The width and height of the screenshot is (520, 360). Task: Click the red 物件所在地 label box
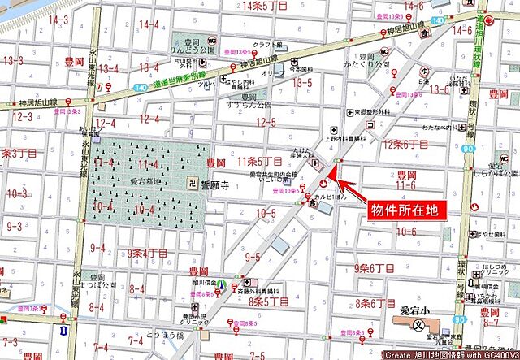click(404, 210)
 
